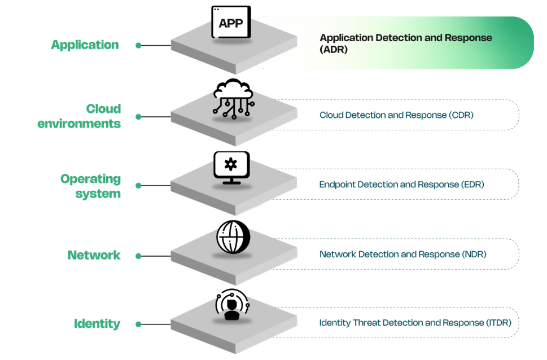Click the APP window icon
[231, 22]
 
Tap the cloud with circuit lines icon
[233, 98]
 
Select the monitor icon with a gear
[231, 168]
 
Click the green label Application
[85, 45]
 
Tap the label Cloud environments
[80, 116]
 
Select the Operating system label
[91, 186]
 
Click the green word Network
[94, 255]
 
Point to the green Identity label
[97, 324]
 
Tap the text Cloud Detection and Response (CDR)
[396, 115]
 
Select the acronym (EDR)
[472, 185]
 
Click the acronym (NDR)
[474, 254]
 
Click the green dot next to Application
[138, 45]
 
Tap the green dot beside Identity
[138, 324]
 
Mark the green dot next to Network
[138, 256]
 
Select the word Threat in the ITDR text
[366, 323]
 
